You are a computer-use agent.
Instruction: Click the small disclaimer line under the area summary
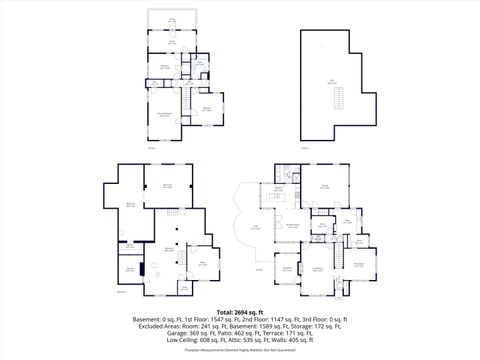239,351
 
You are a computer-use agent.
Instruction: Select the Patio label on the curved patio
257,228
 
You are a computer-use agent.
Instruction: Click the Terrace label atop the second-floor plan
172,20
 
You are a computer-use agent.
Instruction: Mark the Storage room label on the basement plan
130,268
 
